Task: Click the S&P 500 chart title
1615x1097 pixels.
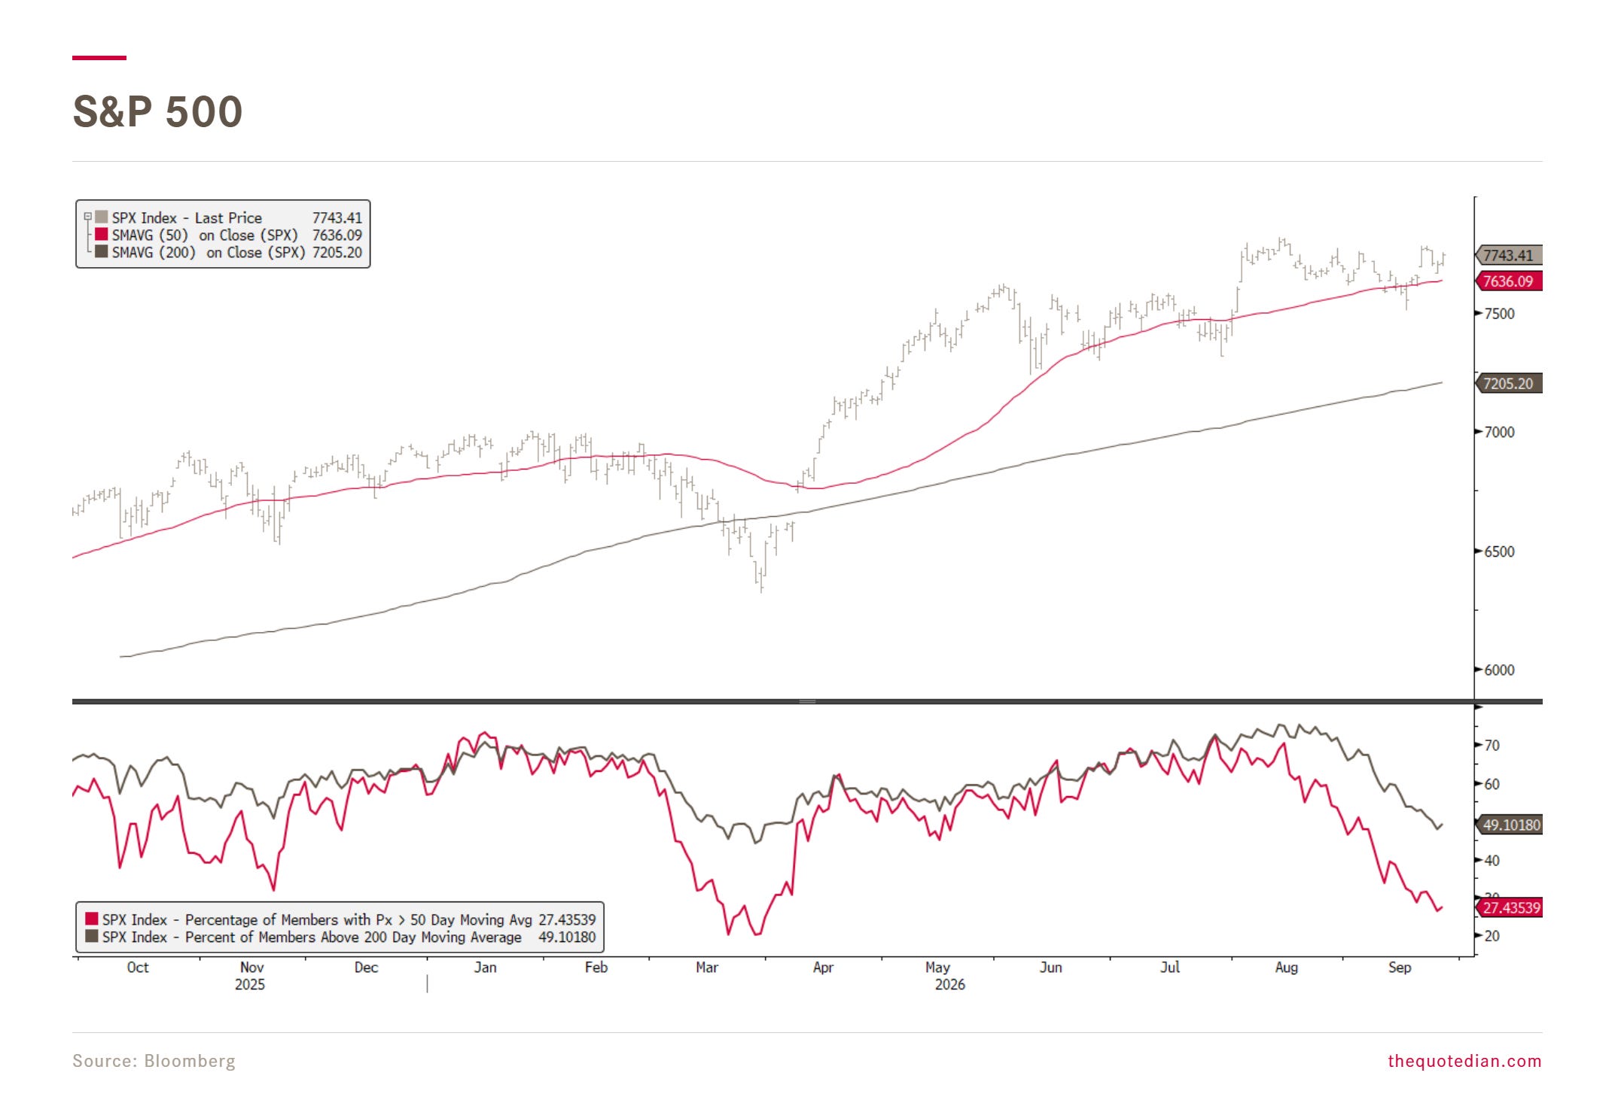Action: coord(157,111)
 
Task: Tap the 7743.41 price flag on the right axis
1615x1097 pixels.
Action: coord(1509,255)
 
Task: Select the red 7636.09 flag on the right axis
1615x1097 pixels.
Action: coord(1509,281)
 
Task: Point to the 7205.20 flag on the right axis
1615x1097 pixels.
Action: coord(1509,384)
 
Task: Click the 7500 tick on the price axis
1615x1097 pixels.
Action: coord(1499,314)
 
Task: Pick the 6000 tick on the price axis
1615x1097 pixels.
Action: coord(1499,670)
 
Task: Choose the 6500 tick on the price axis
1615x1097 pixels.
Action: coord(1499,552)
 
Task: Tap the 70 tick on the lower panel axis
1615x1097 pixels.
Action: coord(1492,746)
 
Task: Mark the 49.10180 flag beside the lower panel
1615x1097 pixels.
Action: coord(1510,825)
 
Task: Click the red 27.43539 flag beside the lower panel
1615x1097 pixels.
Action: coord(1510,907)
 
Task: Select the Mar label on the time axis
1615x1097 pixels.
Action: coord(707,967)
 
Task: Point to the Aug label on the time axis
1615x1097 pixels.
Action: coord(1287,967)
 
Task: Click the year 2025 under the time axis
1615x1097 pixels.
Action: coord(250,985)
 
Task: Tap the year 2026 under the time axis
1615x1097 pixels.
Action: coord(950,985)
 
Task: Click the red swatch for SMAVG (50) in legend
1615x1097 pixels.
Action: coord(101,235)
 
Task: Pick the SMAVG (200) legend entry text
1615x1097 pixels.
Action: coord(209,253)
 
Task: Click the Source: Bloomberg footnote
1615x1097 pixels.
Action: coord(154,1061)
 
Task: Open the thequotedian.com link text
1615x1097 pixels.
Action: coord(1464,1061)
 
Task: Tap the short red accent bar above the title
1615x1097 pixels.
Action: coord(99,57)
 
